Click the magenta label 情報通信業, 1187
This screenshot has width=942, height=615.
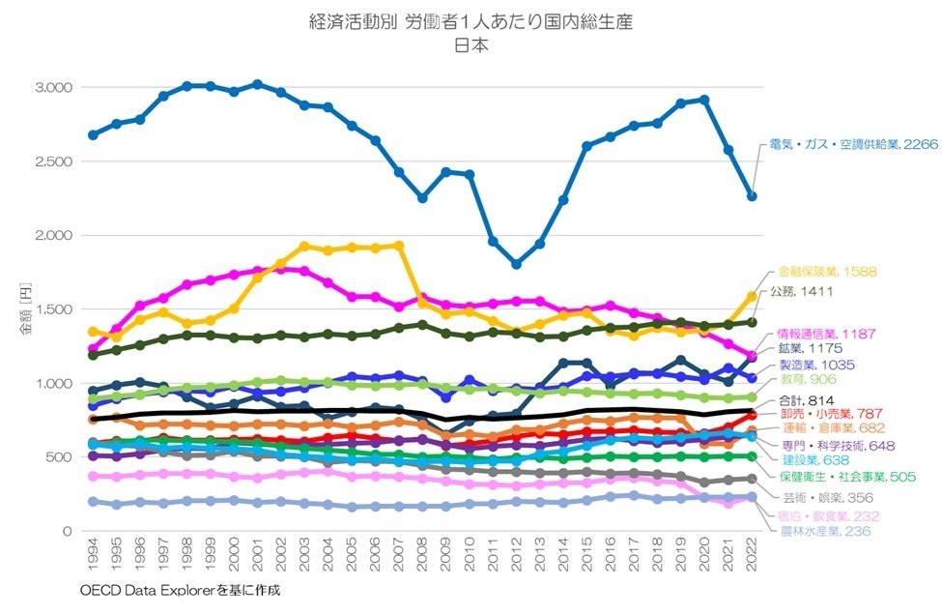coord(826,334)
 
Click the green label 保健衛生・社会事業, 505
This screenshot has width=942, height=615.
coord(846,476)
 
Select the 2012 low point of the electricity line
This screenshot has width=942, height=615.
coord(516,264)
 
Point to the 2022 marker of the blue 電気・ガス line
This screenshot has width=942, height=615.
coord(751,196)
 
